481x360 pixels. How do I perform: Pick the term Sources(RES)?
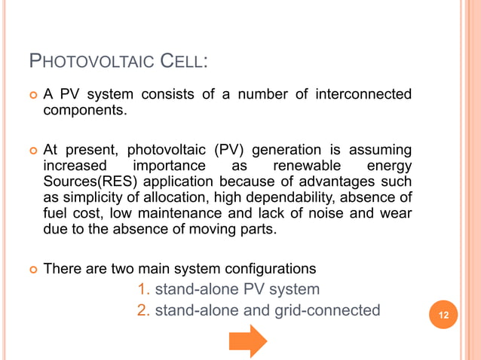point(85,181)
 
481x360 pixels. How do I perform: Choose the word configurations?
point(269,268)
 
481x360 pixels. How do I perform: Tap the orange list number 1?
point(143,289)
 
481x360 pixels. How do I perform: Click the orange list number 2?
point(143,310)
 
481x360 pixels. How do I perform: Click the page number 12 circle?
point(443,314)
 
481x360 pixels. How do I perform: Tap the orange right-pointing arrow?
point(248,340)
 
